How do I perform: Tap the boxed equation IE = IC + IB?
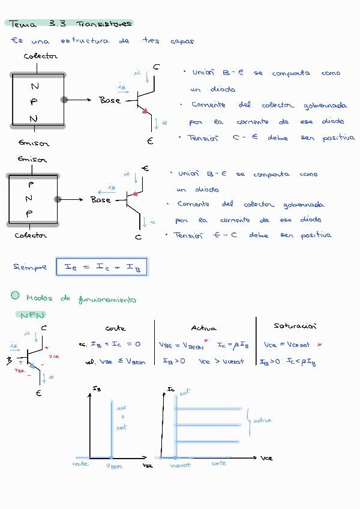click(101, 267)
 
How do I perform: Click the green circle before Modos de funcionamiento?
click(15, 296)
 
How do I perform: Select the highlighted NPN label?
click(32, 315)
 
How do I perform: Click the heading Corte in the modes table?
click(115, 328)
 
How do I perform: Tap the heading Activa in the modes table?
click(204, 328)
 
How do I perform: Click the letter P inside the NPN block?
click(34, 102)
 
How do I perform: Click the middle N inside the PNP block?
click(29, 199)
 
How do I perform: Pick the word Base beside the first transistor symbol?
click(110, 100)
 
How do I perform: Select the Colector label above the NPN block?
click(40, 56)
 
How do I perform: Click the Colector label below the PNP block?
click(31, 235)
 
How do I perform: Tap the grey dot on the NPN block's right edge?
click(64, 100)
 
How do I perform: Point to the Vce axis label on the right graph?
click(266, 459)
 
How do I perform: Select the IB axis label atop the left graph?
click(97, 389)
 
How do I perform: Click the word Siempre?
click(30, 267)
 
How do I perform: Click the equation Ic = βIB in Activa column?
click(229, 345)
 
